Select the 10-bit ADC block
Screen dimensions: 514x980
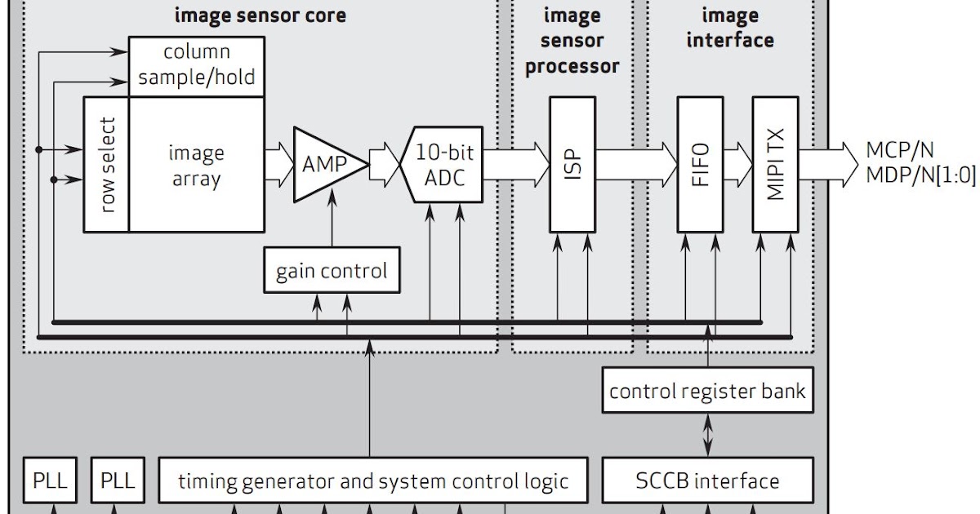441,164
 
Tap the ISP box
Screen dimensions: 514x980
572,164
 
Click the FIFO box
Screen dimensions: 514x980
700,164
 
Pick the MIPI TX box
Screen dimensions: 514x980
775,164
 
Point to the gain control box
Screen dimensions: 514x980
332,270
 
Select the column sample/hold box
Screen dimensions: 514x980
197,65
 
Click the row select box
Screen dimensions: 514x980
106,165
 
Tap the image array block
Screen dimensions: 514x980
197,165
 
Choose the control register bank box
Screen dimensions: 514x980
707,391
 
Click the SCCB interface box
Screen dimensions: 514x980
707,481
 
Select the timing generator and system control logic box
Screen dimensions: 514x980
372,481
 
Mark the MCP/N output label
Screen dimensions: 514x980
900,150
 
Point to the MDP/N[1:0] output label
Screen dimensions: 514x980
920,176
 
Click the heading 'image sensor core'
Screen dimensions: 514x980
261,16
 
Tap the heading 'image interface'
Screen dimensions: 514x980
730,27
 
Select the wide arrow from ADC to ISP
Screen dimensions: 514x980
516,158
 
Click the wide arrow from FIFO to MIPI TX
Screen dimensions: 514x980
737,158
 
